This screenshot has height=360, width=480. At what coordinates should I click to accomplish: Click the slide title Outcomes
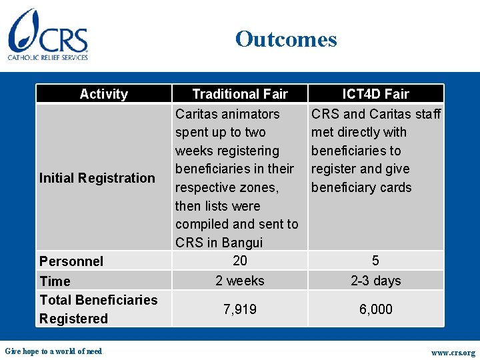(286, 39)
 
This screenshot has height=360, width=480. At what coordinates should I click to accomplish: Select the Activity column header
(103, 94)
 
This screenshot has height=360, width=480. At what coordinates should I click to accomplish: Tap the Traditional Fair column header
(239, 94)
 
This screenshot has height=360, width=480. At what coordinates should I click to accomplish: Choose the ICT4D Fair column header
(375, 94)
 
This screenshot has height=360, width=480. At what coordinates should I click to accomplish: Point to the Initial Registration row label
(97, 178)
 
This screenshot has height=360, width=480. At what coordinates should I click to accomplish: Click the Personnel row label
(71, 261)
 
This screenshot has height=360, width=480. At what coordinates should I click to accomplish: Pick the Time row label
(55, 281)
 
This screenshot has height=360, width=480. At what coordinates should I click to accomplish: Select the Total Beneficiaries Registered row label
(98, 309)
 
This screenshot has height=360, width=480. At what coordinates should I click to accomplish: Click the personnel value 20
(239, 261)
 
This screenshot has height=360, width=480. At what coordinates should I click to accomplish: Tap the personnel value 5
(375, 261)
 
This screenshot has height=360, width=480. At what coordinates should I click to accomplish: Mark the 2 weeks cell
(239, 281)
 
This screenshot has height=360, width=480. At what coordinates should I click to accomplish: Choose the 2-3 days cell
(375, 281)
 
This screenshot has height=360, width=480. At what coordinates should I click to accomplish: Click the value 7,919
(239, 309)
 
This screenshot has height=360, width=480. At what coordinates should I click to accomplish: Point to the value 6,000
(375, 309)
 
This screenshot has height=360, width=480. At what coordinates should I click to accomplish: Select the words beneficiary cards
(361, 187)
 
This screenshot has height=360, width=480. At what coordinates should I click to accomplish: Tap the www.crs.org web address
(453, 352)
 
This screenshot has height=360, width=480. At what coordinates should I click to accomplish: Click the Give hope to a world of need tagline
(53, 351)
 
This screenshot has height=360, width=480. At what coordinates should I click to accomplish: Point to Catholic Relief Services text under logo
(48, 58)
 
